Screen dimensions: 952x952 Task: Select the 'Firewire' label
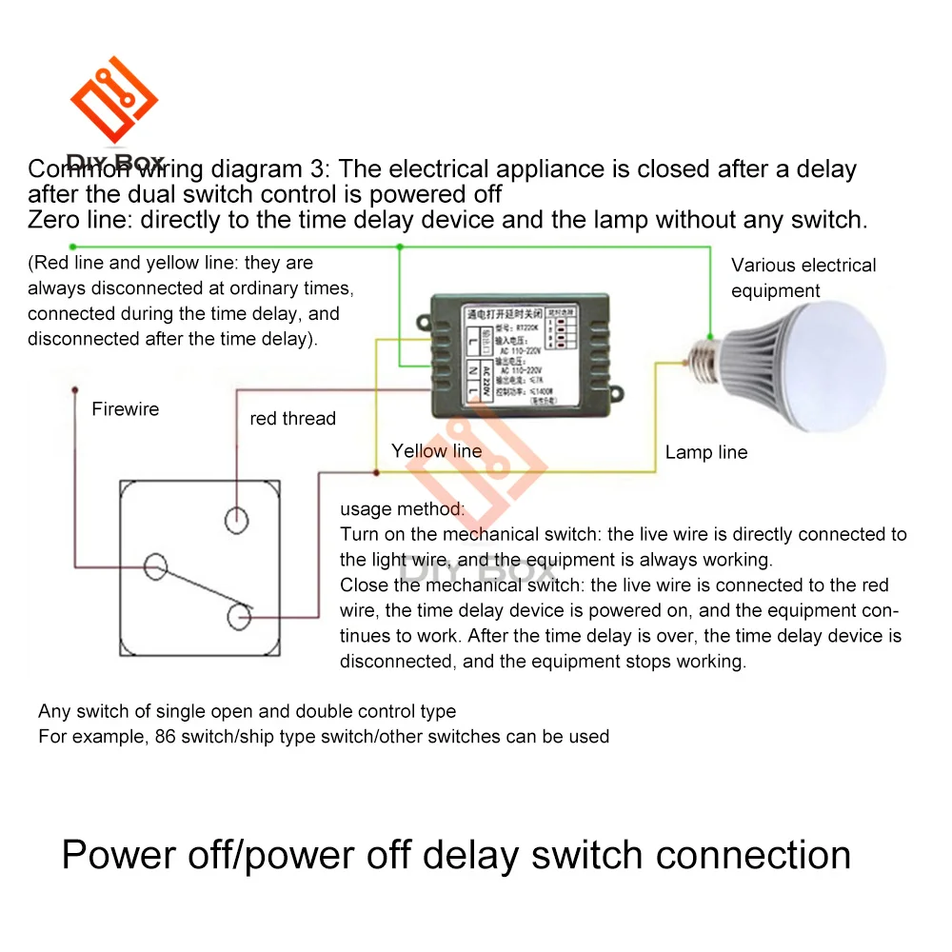pyautogui.click(x=125, y=409)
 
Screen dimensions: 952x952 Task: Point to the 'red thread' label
pyautogui.click(x=292, y=418)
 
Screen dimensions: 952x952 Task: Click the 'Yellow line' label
pyautogui.click(x=436, y=451)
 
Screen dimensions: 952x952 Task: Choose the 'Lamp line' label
pyautogui.click(x=706, y=452)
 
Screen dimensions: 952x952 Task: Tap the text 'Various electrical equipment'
pyautogui.click(x=803, y=278)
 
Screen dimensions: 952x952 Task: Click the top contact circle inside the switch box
pyautogui.click(x=235, y=520)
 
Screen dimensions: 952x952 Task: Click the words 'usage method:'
pyautogui.click(x=402, y=509)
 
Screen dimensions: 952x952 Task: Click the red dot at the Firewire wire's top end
pyautogui.click(x=73, y=389)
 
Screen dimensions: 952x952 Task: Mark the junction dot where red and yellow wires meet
pyautogui.click(x=377, y=472)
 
